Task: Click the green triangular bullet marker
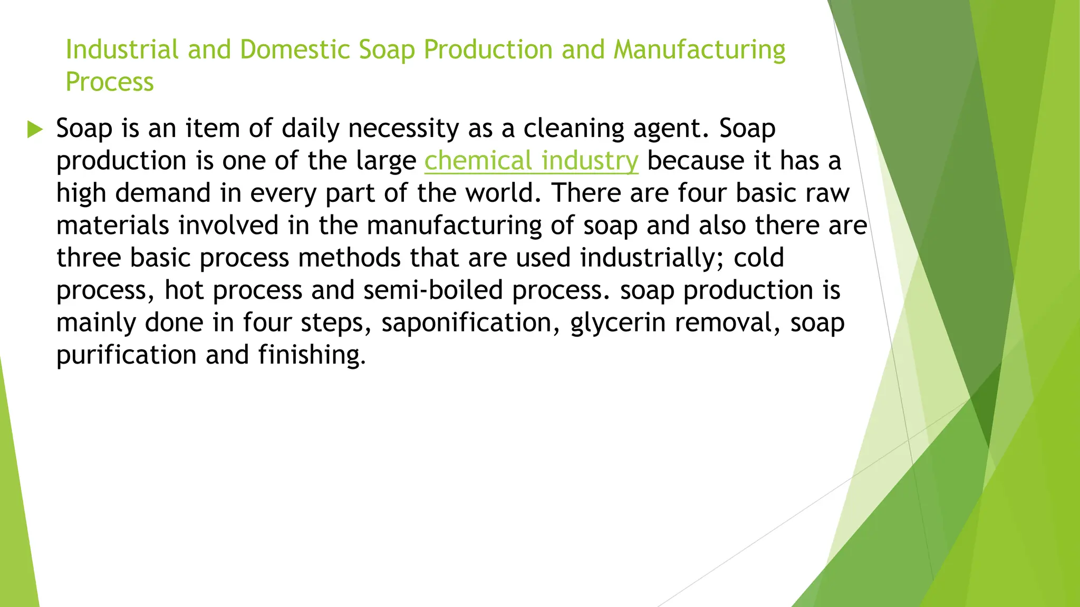[35, 129]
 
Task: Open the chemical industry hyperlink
[531, 161]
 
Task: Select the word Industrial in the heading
[122, 50]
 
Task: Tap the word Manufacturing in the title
[699, 50]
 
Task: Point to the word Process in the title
[110, 82]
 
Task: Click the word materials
[112, 226]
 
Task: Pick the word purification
[126, 355]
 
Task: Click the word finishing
[311, 355]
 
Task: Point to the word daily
[310, 129]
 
